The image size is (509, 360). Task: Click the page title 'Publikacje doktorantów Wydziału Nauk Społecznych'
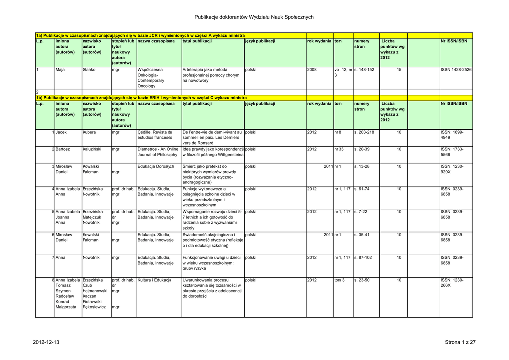[x=254, y=17]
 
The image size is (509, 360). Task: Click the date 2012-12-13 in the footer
[x=46, y=342]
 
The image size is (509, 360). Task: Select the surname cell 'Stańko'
[x=89, y=70]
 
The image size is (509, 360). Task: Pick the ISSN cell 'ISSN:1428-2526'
[x=456, y=70]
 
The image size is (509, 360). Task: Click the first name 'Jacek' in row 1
[x=61, y=133]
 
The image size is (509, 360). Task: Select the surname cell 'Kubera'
[x=89, y=133]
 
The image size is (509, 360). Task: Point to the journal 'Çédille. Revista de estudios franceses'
[x=155, y=135]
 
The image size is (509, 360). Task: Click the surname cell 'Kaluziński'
[x=93, y=149]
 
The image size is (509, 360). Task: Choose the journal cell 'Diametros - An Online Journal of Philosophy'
[x=158, y=152]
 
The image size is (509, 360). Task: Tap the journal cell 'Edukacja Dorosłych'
[x=156, y=166]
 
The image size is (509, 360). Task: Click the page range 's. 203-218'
[x=364, y=133]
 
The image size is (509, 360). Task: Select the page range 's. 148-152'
[x=364, y=70]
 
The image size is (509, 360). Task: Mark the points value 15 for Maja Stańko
[x=399, y=70]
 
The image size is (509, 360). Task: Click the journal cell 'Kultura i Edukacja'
[x=154, y=280]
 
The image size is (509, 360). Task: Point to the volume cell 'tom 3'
[x=340, y=280]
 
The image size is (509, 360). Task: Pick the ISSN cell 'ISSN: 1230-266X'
[x=452, y=283]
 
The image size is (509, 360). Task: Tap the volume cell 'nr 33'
[x=339, y=149]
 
